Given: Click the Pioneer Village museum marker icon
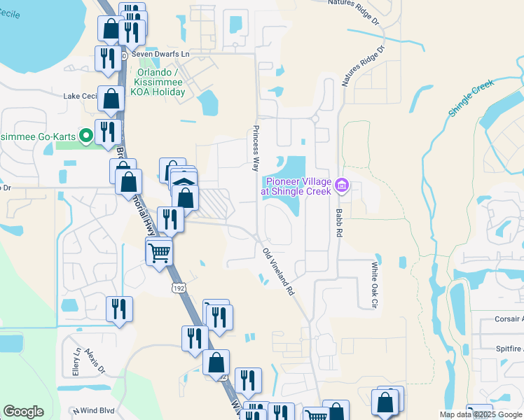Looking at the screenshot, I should (342, 185).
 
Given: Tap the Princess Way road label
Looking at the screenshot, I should (256, 149).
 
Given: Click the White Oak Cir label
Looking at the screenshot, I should (374, 285).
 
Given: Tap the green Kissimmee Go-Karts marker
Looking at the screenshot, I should (86, 134).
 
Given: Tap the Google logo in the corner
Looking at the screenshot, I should (23, 412).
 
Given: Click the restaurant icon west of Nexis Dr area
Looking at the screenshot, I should (119, 309).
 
